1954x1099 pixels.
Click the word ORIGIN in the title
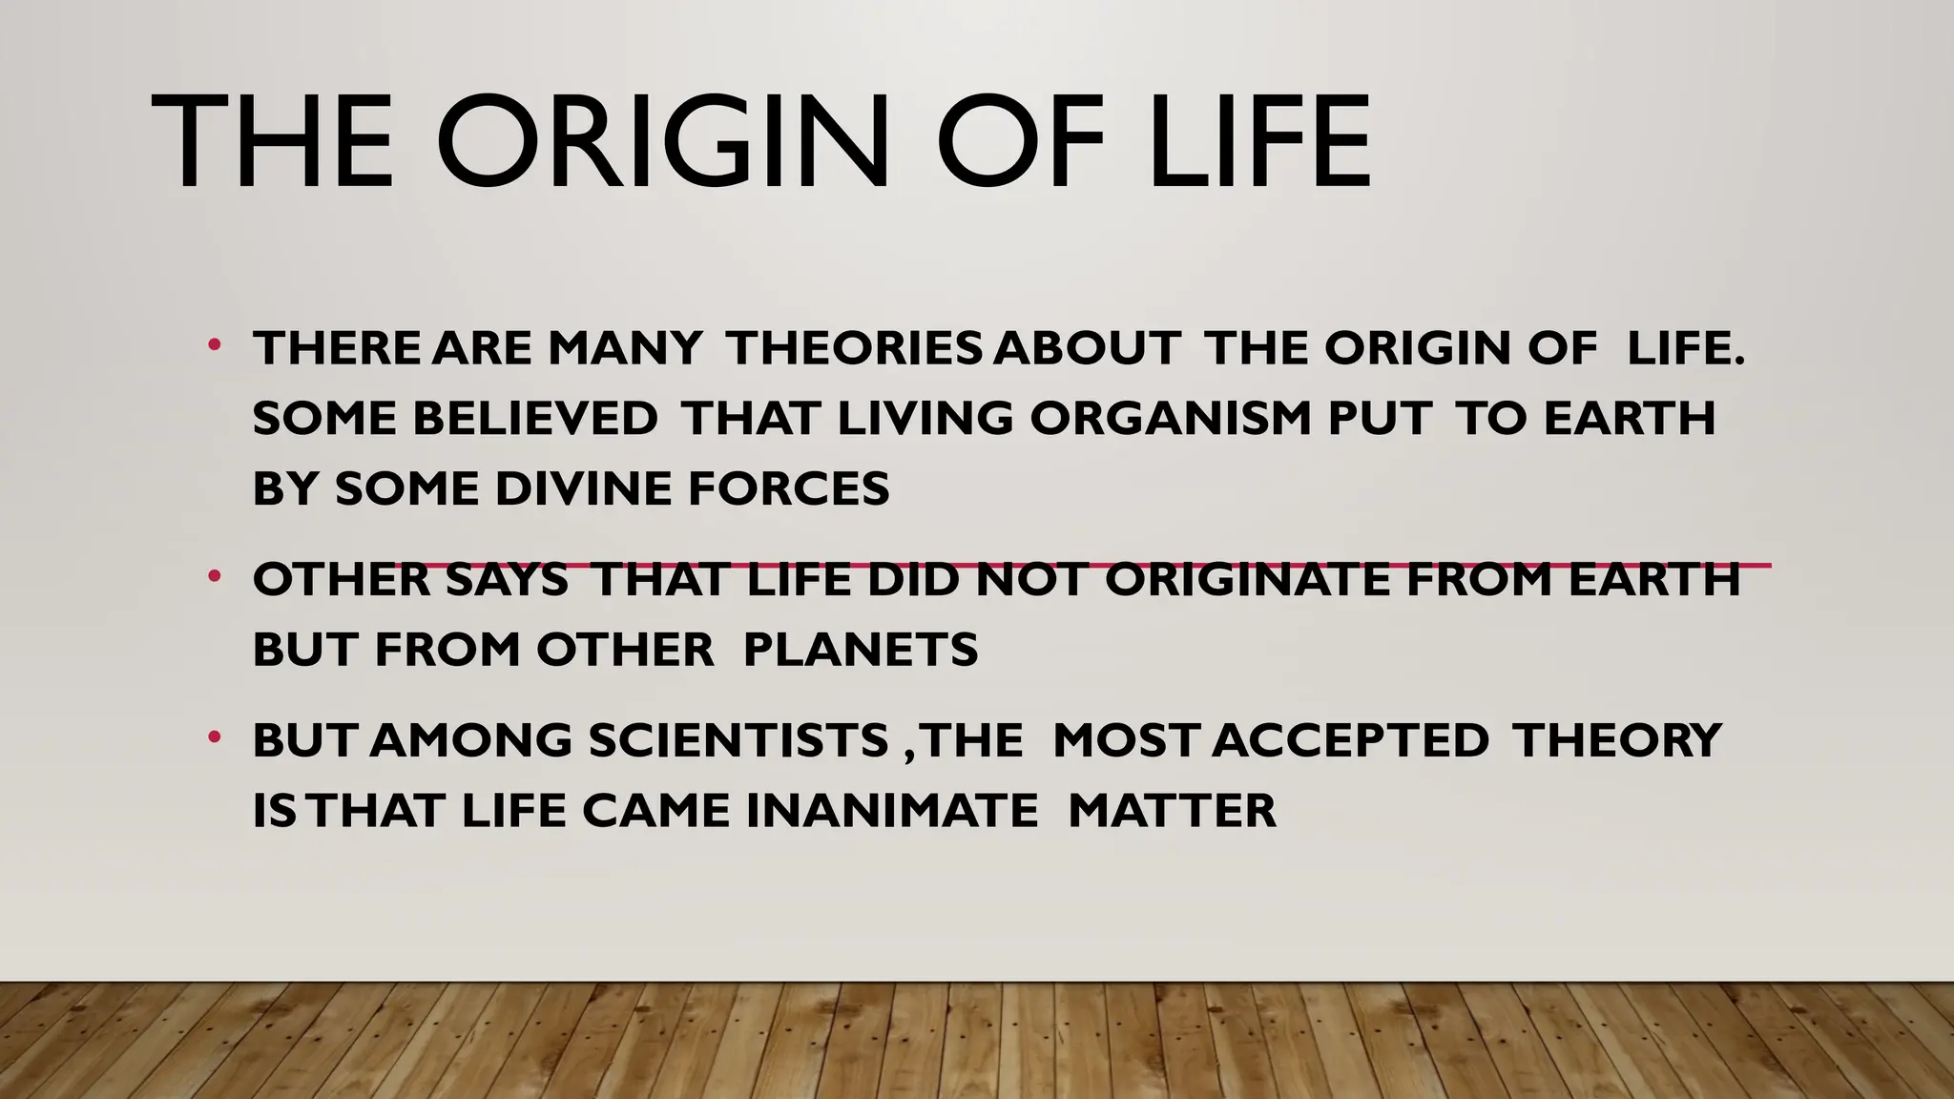(x=662, y=143)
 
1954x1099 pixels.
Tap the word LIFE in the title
(x=1259, y=143)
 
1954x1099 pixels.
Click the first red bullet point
(x=215, y=343)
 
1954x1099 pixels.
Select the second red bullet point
(x=215, y=575)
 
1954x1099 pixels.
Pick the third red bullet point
(x=215, y=736)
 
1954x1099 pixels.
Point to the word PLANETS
(x=860, y=651)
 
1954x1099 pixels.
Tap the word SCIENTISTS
(x=738, y=741)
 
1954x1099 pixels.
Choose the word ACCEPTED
(x=1353, y=741)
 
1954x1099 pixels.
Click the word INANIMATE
(x=891, y=812)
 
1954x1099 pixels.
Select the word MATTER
(x=1172, y=812)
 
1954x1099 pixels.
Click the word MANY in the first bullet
(x=624, y=348)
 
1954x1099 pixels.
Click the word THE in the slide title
(x=273, y=143)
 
